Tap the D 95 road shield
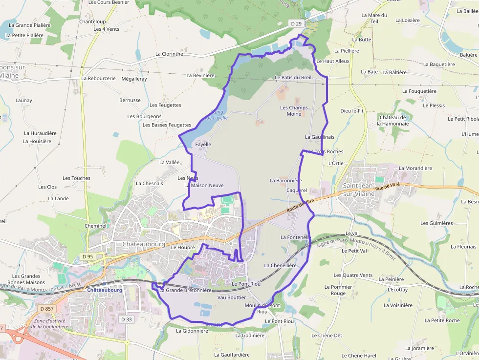pos(87,256)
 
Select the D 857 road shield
pos(47,309)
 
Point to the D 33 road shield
pos(126,319)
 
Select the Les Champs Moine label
pos(294,111)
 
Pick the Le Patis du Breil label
pos(293,78)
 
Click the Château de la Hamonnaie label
pos(392,121)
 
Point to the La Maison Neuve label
pos(204,186)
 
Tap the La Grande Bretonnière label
pos(185,290)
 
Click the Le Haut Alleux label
pos(333,62)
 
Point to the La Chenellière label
pos(280,266)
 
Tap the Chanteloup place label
pos(92,22)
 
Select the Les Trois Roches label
pos(325,152)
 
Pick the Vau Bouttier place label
pos(232,297)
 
